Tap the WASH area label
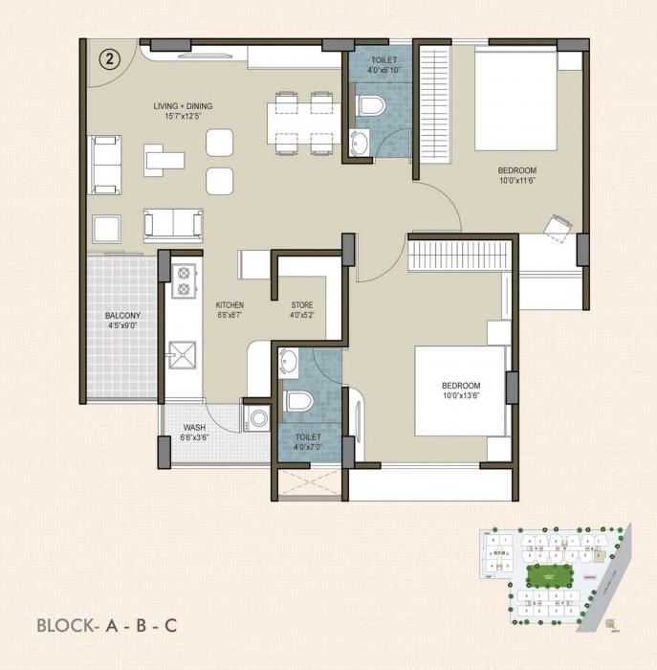pos(194,433)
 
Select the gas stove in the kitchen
pos(182,279)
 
